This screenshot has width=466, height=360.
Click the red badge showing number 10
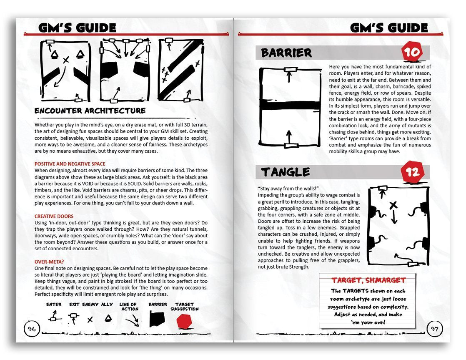(x=411, y=52)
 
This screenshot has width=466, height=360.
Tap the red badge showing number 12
(x=412, y=171)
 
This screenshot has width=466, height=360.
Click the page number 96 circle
(x=32, y=329)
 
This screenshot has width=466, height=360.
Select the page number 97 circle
(x=434, y=329)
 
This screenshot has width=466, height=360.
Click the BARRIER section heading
(x=286, y=53)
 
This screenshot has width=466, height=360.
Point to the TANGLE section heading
(x=286, y=172)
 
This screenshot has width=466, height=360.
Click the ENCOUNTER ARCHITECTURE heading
(x=90, y=111)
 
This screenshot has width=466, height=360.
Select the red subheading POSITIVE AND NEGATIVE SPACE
(x=70, y=164)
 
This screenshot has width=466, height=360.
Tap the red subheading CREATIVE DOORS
(x=54, y=217)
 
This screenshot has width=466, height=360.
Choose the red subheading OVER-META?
(x=49, y=262)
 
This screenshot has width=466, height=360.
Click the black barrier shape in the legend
(x=158, y=320)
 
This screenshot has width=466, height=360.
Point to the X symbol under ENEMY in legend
(x=90, y=320)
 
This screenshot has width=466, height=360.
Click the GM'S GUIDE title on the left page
(x=77, y=28)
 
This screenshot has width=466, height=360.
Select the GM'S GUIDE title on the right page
(x=388, y=28)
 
